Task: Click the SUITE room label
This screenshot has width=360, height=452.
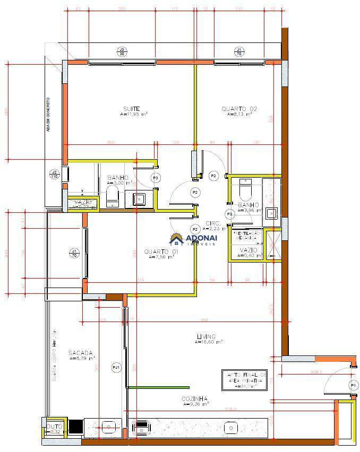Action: point(132,109)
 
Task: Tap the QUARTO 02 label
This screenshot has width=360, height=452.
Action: point(239,109)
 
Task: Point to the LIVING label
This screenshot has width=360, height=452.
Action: point(206,337)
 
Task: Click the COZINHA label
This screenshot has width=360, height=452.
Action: point(194,399)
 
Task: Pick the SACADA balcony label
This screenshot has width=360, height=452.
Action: point(81,353)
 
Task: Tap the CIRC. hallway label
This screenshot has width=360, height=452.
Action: point(212,223)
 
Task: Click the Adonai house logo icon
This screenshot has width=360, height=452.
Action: point(176,239)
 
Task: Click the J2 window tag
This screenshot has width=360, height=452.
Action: point(54,174)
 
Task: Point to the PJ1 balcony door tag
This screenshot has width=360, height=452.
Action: point(116,367)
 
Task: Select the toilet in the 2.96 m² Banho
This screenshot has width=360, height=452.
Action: point(246,188)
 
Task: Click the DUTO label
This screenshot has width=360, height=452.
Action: point(54,427)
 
